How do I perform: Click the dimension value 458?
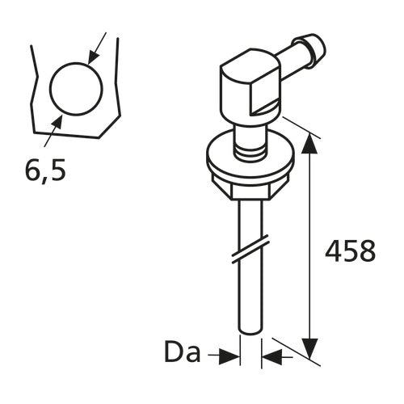pos(350,251)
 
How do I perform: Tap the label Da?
pos(183,353)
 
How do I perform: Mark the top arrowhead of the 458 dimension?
pos(309,141)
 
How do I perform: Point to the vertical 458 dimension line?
pos(309,242)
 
